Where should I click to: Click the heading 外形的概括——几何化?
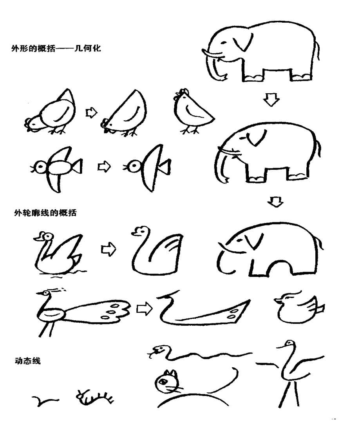coord(56,48)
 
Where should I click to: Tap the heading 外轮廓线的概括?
coord(45,212)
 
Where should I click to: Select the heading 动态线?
coord(27,361)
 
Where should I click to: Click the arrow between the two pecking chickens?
coord(91,113)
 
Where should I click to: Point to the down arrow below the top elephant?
coord(271,100)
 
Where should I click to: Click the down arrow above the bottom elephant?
coord(275,202)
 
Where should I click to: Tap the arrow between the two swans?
coord(108,249)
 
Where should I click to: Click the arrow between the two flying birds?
coord(104,167)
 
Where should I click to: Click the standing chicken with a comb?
coord(193,111)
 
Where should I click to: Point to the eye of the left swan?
coord(48,236)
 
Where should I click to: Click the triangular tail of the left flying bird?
coord(78,166)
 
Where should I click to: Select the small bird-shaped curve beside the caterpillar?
coord(44,401)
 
